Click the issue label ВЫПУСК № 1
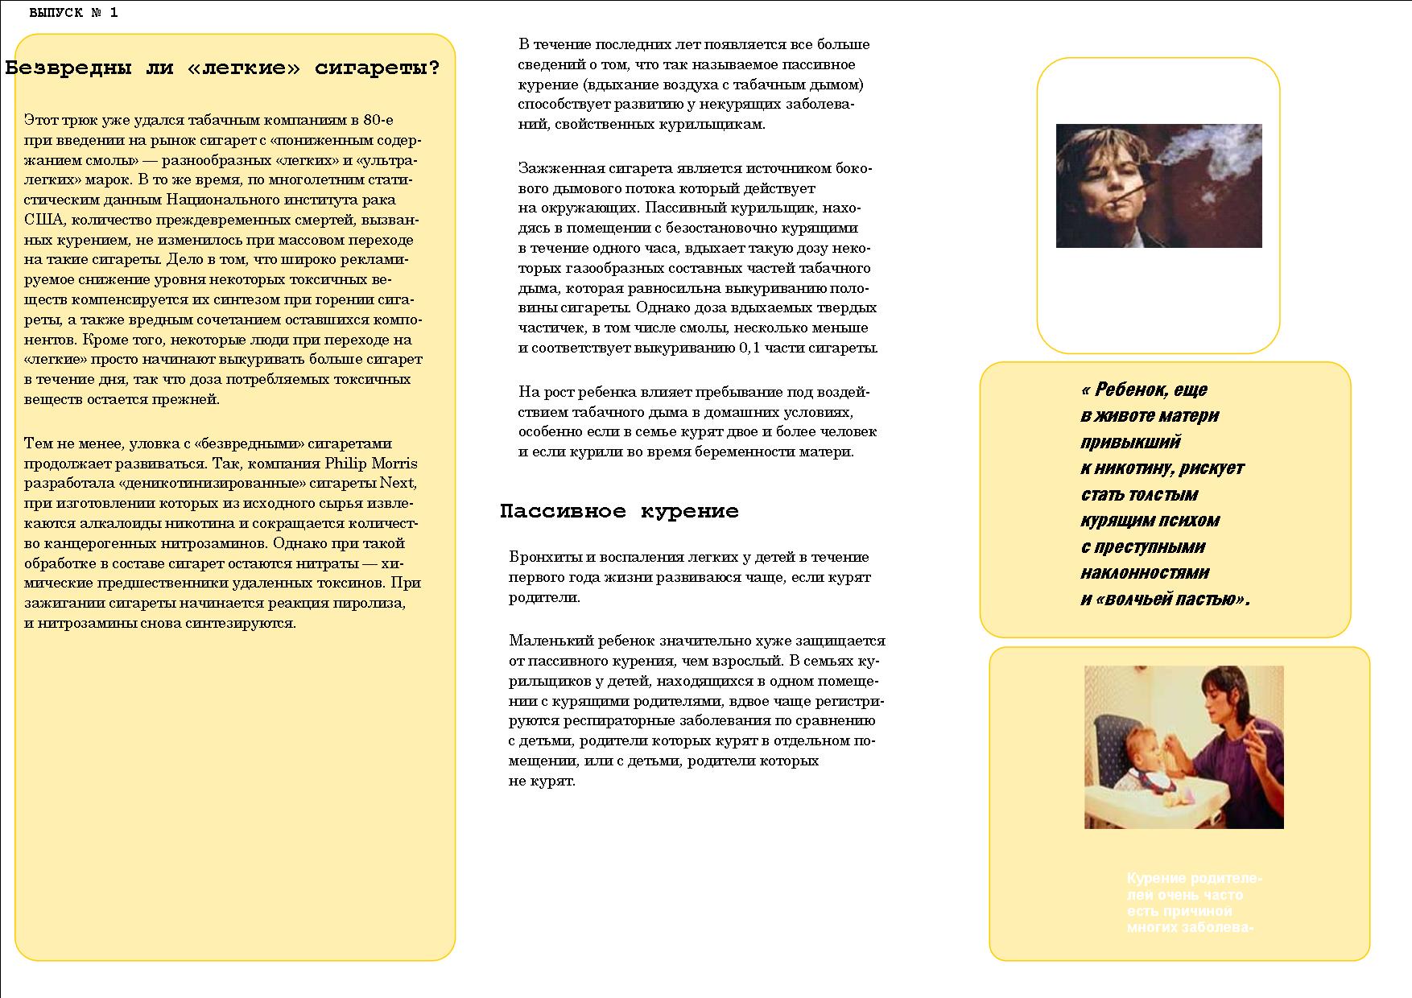click(x=73, y=13)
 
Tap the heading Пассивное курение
click(x=619, y=512)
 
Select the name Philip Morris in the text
click(x=371, y=464)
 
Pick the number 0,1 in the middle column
click(x=749, y=348)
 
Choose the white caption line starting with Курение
click(x=1195, y=878)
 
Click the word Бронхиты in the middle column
click(x=539, y=557)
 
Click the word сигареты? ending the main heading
click(x=378, y=68)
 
